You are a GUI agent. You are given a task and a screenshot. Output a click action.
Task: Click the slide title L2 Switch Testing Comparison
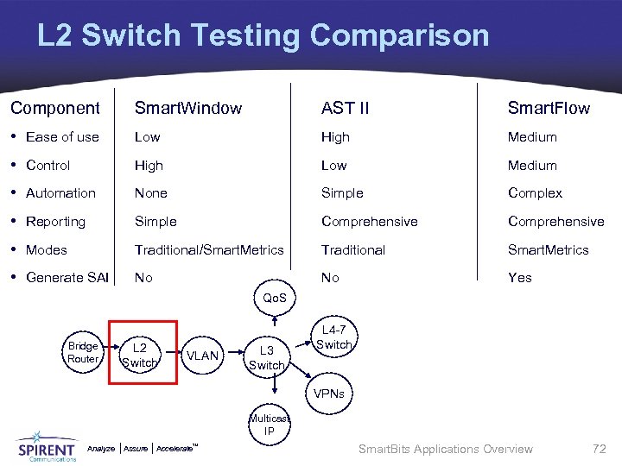[x=263, y=36]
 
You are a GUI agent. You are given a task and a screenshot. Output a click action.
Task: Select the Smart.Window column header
[x=187, y=108]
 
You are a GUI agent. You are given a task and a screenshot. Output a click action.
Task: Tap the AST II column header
[x=345, y=108]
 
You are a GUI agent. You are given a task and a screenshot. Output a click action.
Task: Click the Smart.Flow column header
[x=549, y=108]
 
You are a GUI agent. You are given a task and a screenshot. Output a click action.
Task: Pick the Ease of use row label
[x=62, y=136]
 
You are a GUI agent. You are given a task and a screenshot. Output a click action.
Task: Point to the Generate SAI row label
[x=67, y=277]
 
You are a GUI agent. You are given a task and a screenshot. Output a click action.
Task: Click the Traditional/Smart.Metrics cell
[x=208, y=249]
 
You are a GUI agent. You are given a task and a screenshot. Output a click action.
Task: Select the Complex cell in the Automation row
[x=535, y=193]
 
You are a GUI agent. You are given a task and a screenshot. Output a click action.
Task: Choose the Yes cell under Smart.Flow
[x=519, y=277]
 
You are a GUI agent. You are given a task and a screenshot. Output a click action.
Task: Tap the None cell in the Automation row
[x=150, y=193]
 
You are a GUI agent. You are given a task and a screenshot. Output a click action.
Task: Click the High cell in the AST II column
[x=335, y=136]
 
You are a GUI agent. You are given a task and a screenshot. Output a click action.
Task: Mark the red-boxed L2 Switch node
[x=140, y=356]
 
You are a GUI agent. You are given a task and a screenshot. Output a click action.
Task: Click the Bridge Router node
[x=83, y=352]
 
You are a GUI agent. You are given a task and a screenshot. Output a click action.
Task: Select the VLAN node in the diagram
[x=203, y=356]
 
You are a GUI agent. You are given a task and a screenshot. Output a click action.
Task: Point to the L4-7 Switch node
[x=334, y=337]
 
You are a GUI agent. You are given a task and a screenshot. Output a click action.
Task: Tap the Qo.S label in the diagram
[x=275, y=298]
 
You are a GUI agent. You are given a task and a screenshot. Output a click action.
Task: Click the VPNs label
[x=328, y=394]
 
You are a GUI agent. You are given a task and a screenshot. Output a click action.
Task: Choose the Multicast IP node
[x=269, y=425]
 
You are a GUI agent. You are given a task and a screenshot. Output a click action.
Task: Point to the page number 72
[x=599, y=449]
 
